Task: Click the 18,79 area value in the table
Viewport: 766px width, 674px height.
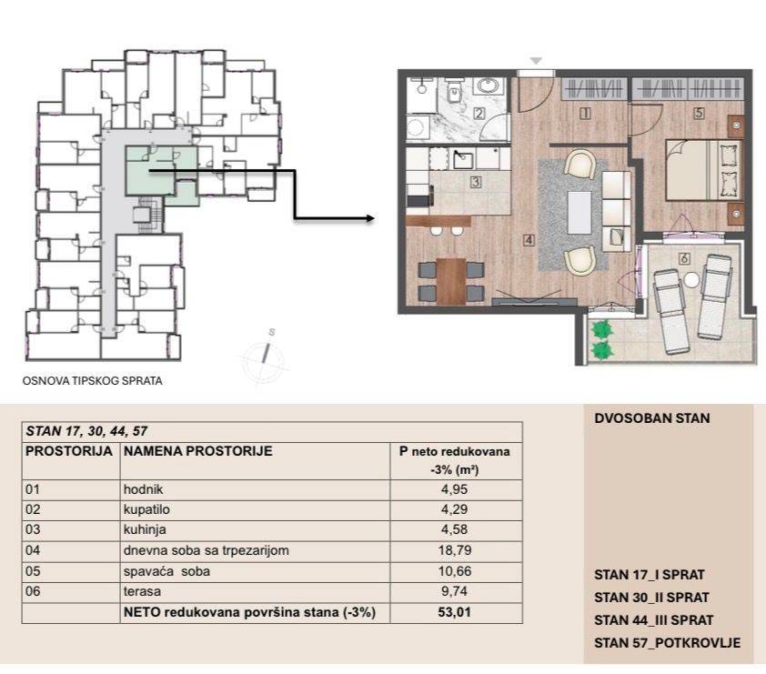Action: tap(454, 550)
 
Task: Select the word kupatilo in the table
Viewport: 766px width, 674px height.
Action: tap(146, 509)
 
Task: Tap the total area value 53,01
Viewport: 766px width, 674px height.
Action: tap(454, 612)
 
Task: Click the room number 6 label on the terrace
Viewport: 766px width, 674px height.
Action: tap(684, 258)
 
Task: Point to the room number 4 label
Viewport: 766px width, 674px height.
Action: tap(528, 240)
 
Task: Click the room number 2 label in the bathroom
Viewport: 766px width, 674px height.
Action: tap(479, 114)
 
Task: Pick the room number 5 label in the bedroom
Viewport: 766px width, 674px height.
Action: tap(699, 113)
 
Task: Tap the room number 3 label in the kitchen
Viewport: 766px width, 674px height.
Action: tap(475, 182)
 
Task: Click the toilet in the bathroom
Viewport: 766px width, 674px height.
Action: tap(454, 92)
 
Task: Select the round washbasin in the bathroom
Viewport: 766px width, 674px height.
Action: tap(489, 86)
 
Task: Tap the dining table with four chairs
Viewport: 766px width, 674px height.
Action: tap(451, 281)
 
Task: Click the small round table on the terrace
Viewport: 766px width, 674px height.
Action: tap(691, 280)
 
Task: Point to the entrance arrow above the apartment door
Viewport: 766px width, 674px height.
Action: tap(536, 61)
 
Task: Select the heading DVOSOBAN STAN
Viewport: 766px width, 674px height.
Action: tap(651, 418)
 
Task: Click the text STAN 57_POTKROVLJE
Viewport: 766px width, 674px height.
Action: tap(668, 643)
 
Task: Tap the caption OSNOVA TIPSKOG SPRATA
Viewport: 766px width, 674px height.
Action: tap(92, 381)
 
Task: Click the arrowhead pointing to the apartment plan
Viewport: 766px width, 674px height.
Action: tap(369, 218)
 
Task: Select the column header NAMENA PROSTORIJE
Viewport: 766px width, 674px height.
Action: tap(197, 451)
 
